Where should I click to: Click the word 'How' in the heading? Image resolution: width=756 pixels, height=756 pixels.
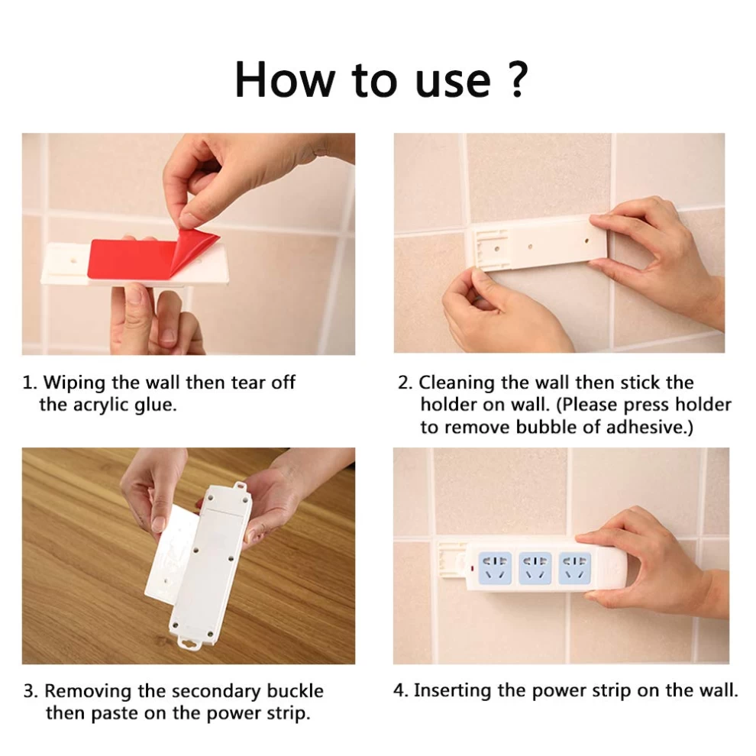pyautogui.click(x=285, y=80)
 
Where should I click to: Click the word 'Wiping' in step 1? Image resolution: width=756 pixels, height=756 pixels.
pyautogui.click(x=75, y=383)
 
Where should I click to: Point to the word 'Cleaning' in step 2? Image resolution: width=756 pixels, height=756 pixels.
pyautogui.click(x=457, y=383)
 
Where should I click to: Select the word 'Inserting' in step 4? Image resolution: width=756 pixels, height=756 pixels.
pyautogui.click(x=453, y=691)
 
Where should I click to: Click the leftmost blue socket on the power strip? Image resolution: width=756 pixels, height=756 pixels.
pyautogui.click(x=495, y=568)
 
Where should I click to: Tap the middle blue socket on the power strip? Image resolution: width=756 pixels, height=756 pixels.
pyautogui.click(x=535, y=568)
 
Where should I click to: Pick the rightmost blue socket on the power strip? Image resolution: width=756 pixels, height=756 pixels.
pyautogui.click(x=574, y=568)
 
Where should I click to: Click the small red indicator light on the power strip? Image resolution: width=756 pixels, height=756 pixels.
pyautogui.click(x=471, y=569)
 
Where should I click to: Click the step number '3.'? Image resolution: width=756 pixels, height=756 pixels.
pyautogui.click(x=31, y=691)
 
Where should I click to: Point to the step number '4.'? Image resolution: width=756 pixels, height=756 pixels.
pyautogui.click(x=401, y=690)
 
